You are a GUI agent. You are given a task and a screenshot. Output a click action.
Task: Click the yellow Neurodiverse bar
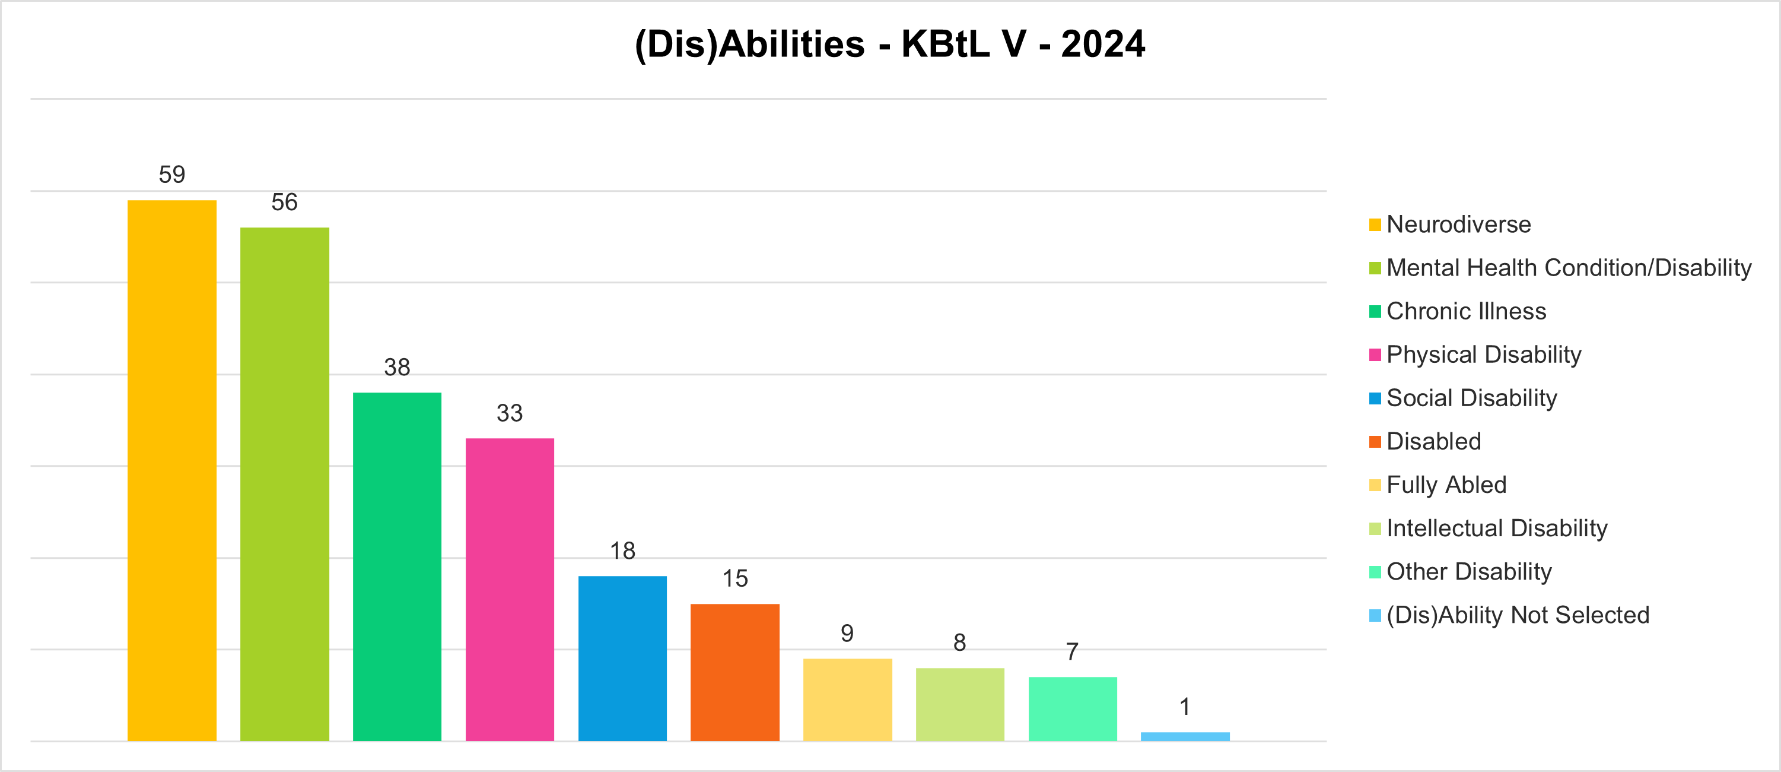click(171, 470)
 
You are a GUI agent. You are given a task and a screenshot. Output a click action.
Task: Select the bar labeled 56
click(284, 484)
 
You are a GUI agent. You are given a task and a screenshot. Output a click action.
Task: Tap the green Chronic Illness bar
click(397, 567)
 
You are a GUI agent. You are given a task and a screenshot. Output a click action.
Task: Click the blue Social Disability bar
click(622, 658)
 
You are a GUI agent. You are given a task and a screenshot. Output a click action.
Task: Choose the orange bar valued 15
click(735, 672)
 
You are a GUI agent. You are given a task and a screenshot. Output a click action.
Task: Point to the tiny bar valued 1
click(1185, 736)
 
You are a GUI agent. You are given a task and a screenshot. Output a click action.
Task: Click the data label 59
click(172, 175)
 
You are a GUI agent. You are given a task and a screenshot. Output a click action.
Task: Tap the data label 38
click(397, 368)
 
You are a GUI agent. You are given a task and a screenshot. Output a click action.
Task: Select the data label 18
click(622, 550)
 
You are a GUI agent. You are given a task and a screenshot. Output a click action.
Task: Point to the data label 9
click(847, 633)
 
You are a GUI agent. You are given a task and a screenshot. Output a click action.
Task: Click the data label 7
click(1072, 651)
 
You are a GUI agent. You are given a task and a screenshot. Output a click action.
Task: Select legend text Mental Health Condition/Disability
click(1569, 268)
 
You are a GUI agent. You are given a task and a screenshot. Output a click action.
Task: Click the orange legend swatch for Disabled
click(1375, 441)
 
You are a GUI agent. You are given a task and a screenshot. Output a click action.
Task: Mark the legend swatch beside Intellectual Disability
click(1375, 529)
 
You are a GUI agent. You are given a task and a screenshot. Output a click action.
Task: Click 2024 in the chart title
click(1103, 45)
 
